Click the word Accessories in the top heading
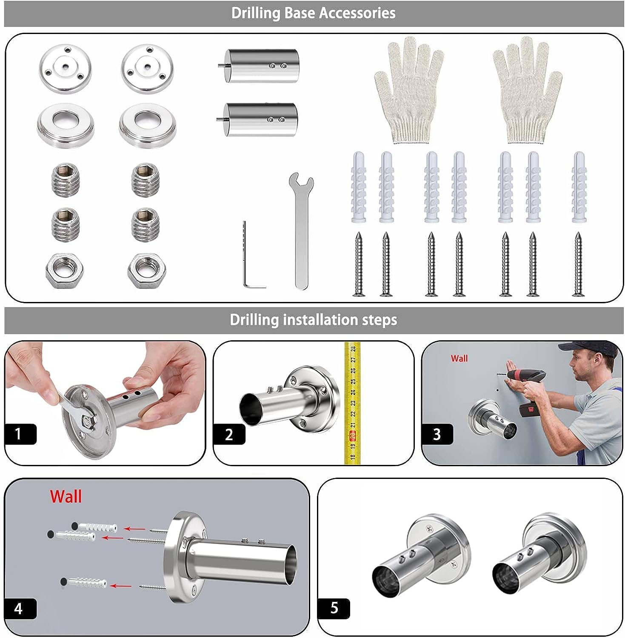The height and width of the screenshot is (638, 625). point(357,13)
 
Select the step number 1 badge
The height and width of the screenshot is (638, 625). point(20,434)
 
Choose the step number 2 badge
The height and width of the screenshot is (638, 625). point(229,435)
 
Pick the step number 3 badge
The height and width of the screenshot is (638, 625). point(437,435)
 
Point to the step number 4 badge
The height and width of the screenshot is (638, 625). point(20,609)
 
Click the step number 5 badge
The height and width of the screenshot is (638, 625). point(334,609)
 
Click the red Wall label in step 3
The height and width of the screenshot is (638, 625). point(459,359)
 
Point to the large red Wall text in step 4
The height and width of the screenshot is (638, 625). point(66,497)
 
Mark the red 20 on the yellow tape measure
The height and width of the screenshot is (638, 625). point(352,435)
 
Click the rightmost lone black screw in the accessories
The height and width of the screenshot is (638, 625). point(578,264)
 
